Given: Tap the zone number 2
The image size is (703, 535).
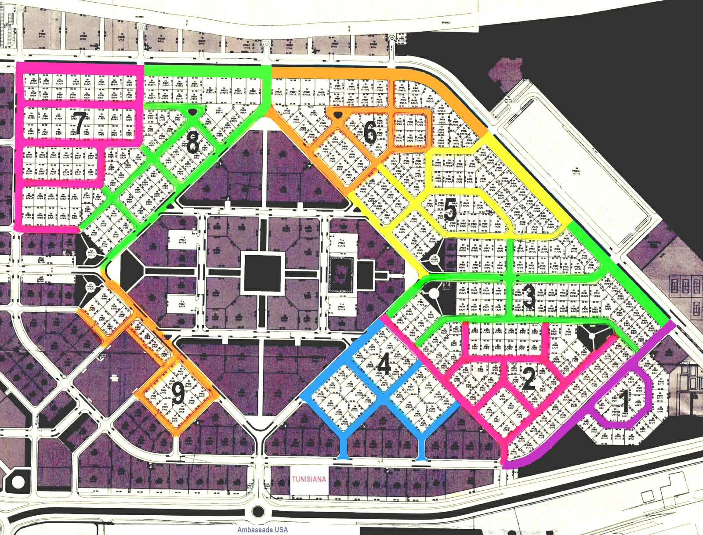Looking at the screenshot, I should (529, 379).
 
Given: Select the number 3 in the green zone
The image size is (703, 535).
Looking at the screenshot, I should (529, 297).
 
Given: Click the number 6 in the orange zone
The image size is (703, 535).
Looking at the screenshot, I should (370, 132).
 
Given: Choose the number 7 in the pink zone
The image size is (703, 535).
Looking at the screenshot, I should (79, 123).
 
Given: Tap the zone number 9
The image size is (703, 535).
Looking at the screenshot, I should (178, 394).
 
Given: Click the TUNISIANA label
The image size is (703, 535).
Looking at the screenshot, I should (309, 479).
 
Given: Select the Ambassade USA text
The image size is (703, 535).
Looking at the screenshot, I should (262, 530).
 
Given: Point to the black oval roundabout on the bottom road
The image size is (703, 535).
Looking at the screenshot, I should (259, 511).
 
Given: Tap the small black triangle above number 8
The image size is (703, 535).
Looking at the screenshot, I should (192, 113).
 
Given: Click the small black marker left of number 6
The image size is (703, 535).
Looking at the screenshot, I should (337, 116).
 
